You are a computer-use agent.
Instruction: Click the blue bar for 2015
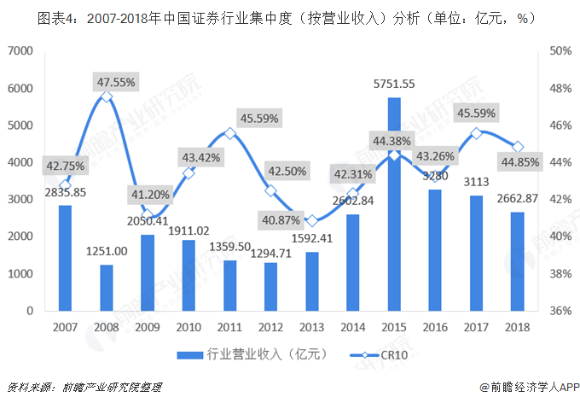click(394, 205)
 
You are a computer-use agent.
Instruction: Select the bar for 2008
click(107, 288)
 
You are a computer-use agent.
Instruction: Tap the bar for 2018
click(518, 262)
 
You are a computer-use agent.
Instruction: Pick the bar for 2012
click(271, 287)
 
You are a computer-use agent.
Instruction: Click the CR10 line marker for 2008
click(107, 96)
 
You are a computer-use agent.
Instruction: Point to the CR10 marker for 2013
click(312, 220)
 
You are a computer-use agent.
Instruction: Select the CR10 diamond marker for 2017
click(477, 133)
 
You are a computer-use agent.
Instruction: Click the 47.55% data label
click(115, 82)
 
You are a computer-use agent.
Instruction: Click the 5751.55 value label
click(394, 84)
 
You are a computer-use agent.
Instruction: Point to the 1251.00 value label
click(107, 251)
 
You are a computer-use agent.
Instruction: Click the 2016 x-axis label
click(436, 328)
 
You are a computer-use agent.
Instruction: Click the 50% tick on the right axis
click(560, 52)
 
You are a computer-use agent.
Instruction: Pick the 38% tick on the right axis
click(560, 274)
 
